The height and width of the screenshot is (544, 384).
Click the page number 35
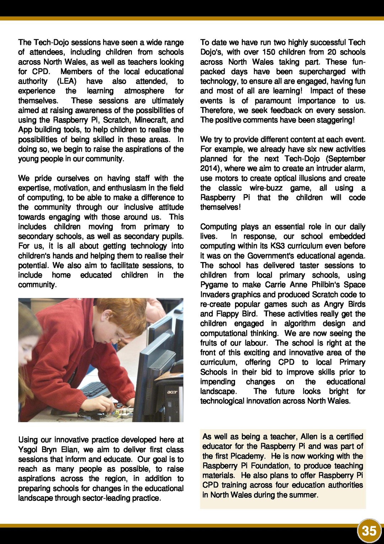[369, 531]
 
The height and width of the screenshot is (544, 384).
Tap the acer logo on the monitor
[172, 392]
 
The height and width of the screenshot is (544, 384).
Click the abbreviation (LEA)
[67, 81]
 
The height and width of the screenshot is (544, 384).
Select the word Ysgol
[28, 450]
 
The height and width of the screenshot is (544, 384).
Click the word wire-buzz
[266, 188]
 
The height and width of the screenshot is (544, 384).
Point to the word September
[346, 159]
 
